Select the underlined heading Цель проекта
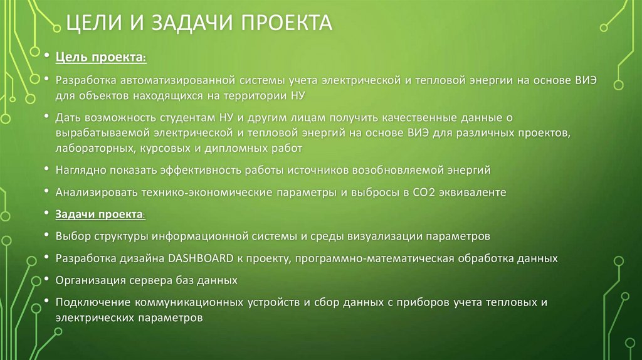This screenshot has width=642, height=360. point(100,58)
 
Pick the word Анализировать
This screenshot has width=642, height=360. point(92,192)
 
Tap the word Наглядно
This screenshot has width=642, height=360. point(80,170)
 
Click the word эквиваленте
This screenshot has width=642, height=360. point(476,192)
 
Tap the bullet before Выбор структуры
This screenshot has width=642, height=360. point(49,236)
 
